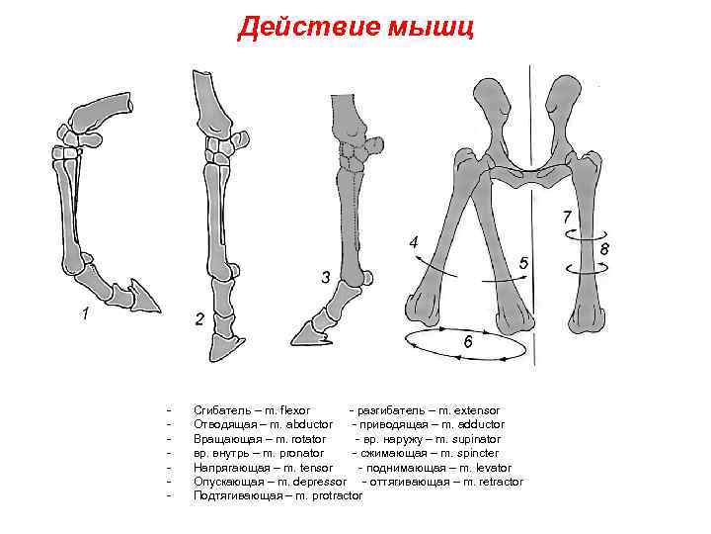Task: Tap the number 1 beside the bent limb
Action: click(86, 314)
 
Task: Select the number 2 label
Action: click(199, 319)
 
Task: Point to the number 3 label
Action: click(325, 277)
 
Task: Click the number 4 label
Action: click(414, 241)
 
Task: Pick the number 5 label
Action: click(523, 264)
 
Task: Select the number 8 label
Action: click(604, 249)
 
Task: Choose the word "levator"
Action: click(492, 467)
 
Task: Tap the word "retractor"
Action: click(500, 482)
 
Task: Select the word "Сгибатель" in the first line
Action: click(218, 409)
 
